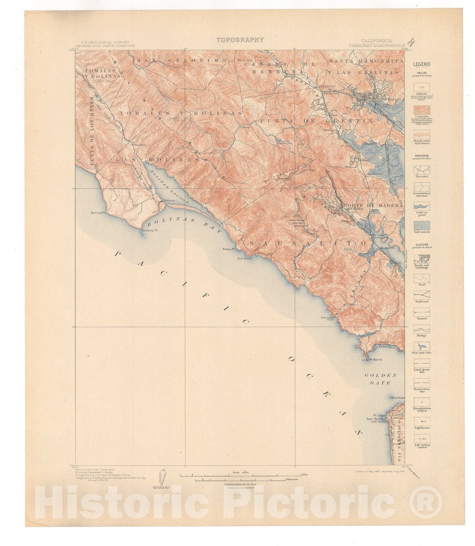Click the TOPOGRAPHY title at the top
click(x=240, y=40)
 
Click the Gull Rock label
click(x=245, y=258)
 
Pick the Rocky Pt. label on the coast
click(x=228, y=249)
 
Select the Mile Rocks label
click(x=398, y=398)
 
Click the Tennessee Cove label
click(x=327, y=318)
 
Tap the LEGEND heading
click(x=422, y=64)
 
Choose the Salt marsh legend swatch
click(x=422, y=225)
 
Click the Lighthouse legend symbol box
click(x=422, y=421)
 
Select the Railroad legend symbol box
click(x=422, y=295)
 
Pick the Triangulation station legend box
click(x=422, y=402)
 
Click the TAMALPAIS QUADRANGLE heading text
click(x=377, y=45)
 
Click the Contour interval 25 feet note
click(x=240, y=484)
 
